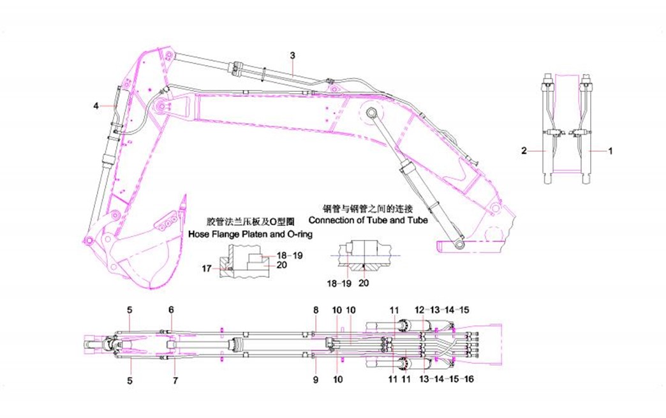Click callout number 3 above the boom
[x=292, y=56]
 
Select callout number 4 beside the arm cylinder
[x=96, y=106]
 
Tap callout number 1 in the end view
[x=610, y=151]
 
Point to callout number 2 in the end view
[x=524, y=151]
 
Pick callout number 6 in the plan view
[x=171, y=310]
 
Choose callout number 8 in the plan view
[x=315, y=310]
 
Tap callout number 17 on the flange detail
[x=207, y=269]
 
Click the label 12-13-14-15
[x=443, y=310]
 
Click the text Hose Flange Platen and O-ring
[x=250, y=235]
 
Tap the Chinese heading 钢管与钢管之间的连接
[x=369, y=209]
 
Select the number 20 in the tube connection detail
[x=364, y=281]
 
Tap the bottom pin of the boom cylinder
[x=461, y=243]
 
